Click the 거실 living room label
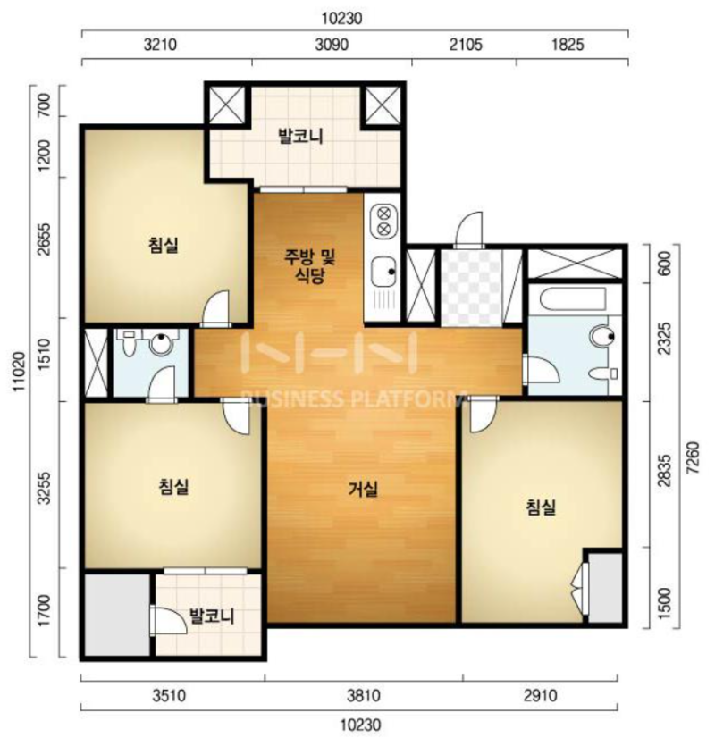(363, 490)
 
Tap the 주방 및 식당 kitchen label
(310, 266)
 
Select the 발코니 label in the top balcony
(301, 137)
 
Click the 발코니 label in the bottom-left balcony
(211, 616)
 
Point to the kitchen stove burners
(384, 222)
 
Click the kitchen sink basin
(384, 272)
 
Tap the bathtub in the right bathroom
(573, 298)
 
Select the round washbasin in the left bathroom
(160, 344)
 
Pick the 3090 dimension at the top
(332, 45)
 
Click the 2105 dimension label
(466, 45)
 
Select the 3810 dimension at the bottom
(364, 695)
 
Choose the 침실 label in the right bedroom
(541, 507)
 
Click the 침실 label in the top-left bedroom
(164, 245)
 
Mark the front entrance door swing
(469, 230)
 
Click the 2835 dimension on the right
(664, 471)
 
